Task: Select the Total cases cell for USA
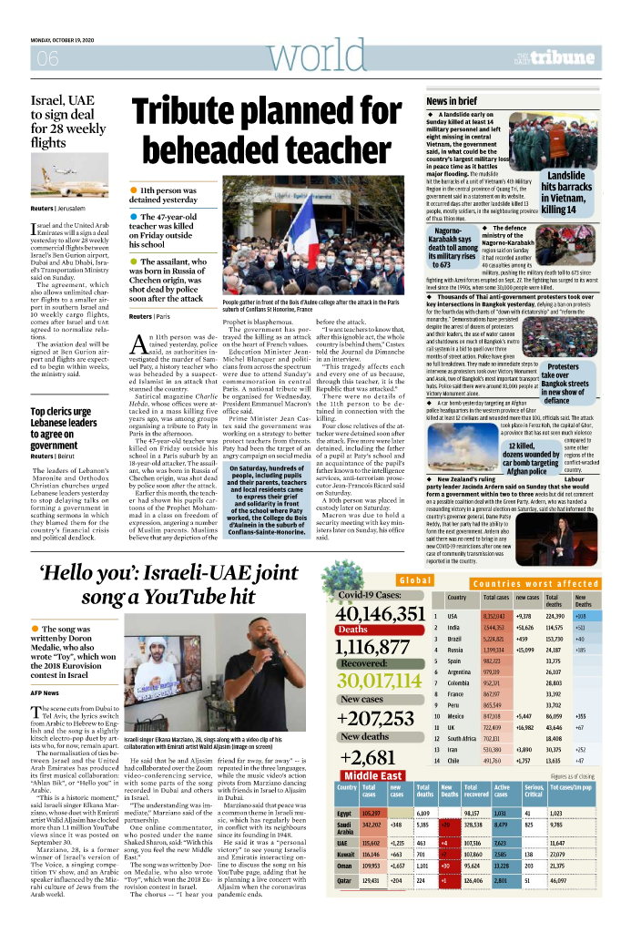(x=494, y=616)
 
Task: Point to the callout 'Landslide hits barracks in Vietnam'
(x=566, y=192)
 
